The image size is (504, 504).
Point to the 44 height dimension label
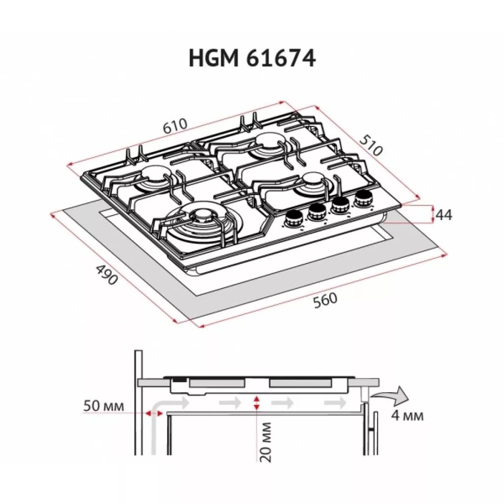444,215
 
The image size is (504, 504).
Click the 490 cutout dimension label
107,275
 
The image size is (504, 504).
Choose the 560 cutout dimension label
325,301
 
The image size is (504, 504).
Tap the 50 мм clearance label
103,406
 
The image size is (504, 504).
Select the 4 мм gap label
407,416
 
